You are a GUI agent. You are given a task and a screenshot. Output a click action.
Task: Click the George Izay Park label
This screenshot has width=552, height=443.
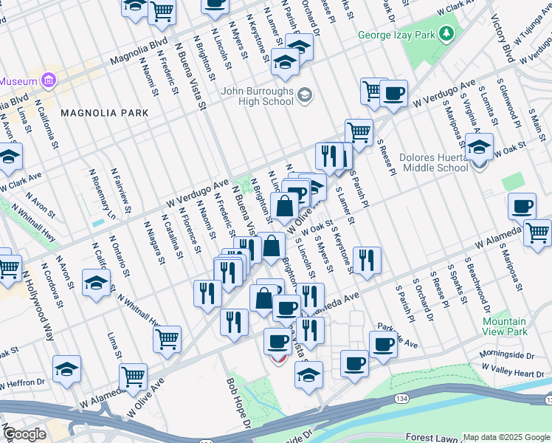pyautogui.click(x=396, y=35)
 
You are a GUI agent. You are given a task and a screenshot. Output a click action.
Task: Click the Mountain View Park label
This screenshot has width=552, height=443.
pyautogui.click(x=504, y=326)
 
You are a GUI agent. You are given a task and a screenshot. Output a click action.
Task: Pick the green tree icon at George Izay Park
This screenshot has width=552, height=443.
pyautogui.click(x=446, y=33)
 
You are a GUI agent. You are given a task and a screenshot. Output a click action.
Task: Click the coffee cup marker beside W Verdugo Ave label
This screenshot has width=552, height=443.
pyautogui.click(x=393, y=93)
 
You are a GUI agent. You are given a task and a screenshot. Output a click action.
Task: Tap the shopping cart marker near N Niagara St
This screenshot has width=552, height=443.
pyautogui.click(x=168, y=340)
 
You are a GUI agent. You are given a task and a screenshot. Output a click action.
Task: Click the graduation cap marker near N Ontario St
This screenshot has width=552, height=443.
pyautogui.click(x=96, y=284)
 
